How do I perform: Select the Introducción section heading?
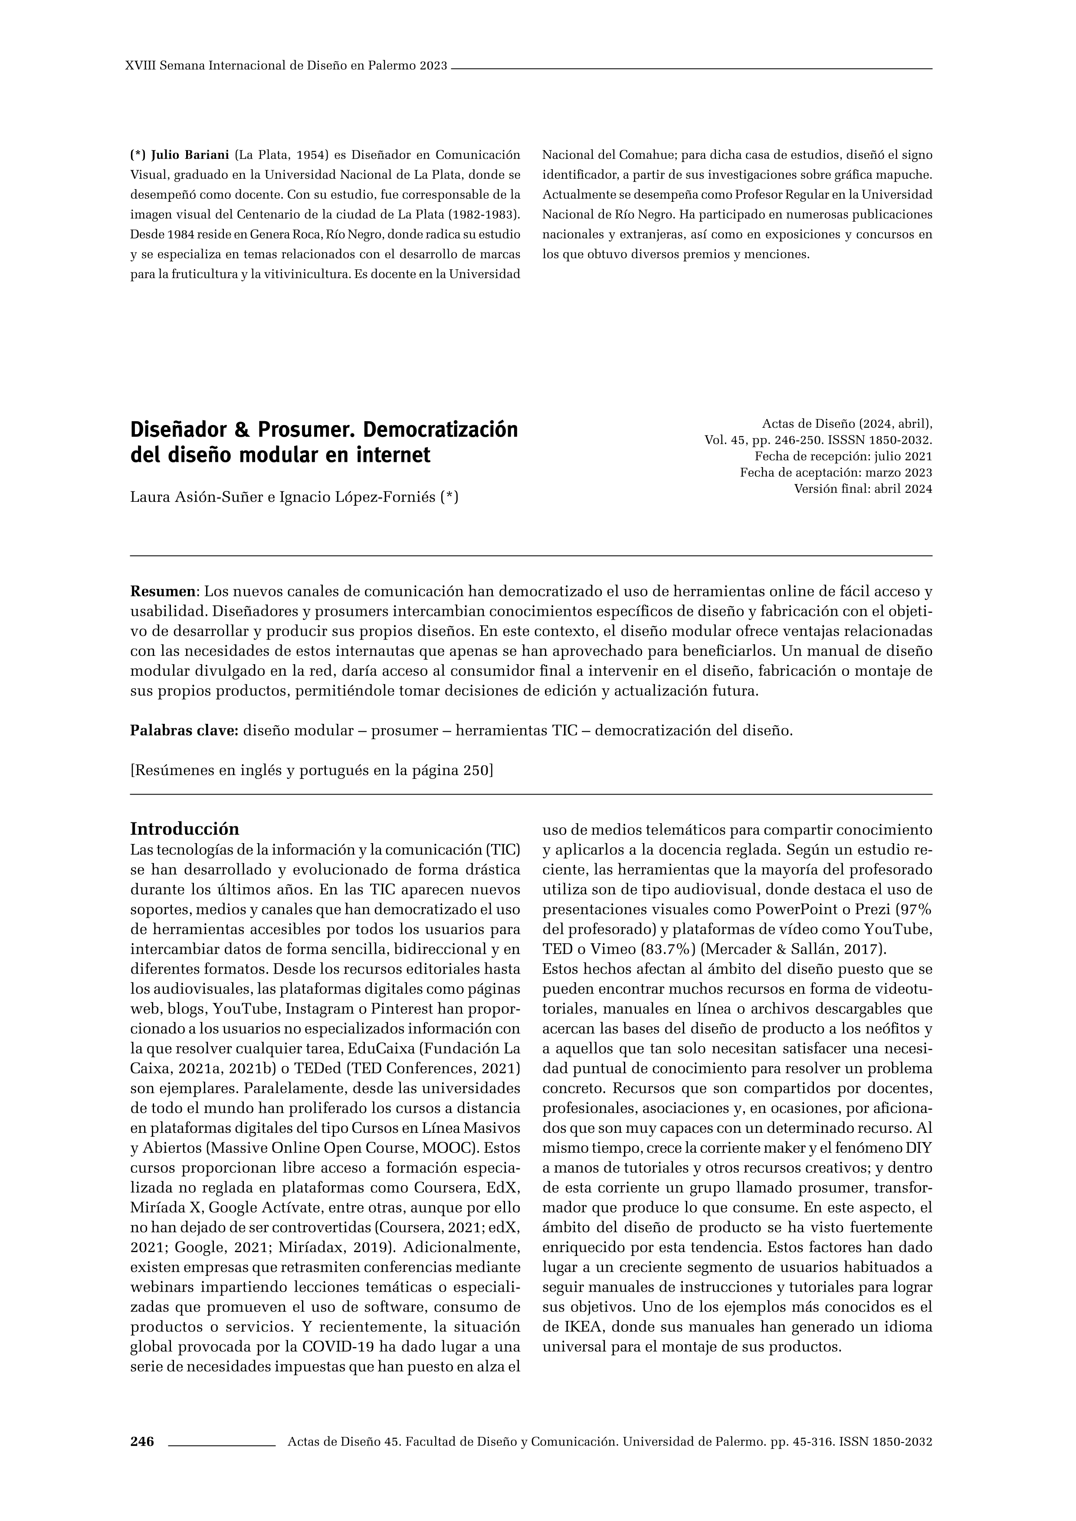tap(184, 829)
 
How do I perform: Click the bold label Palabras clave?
tap(184, 731)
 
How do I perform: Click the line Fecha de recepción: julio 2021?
tap(843, 456)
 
